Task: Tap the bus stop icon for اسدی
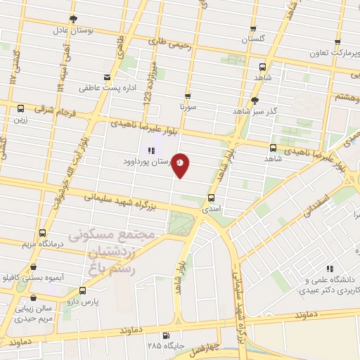coord(212,198)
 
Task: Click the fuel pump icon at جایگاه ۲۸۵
coord(166,335)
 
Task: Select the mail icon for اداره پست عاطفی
coord(107,77)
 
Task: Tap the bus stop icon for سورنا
coord(187,96)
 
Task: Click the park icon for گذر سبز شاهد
coord(254,100)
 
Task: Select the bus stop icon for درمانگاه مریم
coord(43,233)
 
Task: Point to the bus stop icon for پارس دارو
coord(82,290)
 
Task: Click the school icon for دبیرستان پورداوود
coord(150,150)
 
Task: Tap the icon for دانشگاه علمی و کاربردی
coord(328,268)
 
